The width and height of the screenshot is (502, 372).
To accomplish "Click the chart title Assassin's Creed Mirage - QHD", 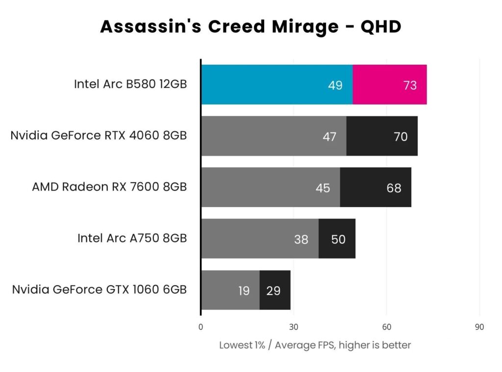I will click(x=251, y=27).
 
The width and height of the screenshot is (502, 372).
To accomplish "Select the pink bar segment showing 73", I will click(x=390, y=84).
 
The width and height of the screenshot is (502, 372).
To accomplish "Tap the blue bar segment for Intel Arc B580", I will click(x=276, y=84).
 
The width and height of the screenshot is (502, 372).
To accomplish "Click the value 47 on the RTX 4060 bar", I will click(x=329, y=136).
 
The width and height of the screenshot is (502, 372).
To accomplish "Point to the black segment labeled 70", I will click(x=382, y=136).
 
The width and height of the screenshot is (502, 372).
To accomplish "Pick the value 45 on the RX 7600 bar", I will click(x=323, y=188).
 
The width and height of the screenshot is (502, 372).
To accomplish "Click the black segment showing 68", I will click(x=376, y=187).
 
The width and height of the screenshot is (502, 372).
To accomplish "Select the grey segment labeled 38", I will click(x=260, y=239).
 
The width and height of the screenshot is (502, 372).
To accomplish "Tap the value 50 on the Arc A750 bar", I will click(x=338, y=239).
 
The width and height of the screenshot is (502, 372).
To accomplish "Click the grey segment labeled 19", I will click(x=230, y=291).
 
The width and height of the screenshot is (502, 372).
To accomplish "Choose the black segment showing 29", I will click(x=275, y=291).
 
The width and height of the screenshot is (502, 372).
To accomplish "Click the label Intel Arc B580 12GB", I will click(x=130, y=84).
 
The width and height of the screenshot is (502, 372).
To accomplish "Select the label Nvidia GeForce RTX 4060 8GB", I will click(x=99, y=135).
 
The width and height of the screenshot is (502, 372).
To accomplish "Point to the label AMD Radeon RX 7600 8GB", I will click(x=109, y=187).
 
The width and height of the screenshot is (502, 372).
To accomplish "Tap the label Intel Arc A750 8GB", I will click(x=132, y=239).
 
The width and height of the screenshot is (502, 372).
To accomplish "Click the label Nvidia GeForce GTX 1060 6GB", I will click(x=100, y=290).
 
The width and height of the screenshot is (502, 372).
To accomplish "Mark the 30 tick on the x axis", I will click(x=294, y=327).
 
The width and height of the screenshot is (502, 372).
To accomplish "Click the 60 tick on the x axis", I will click(x=386, y=327).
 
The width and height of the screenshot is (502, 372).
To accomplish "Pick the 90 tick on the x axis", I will click(x=479, y=327).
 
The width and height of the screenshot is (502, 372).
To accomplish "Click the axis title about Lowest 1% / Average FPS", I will click(x=315, y=345).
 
